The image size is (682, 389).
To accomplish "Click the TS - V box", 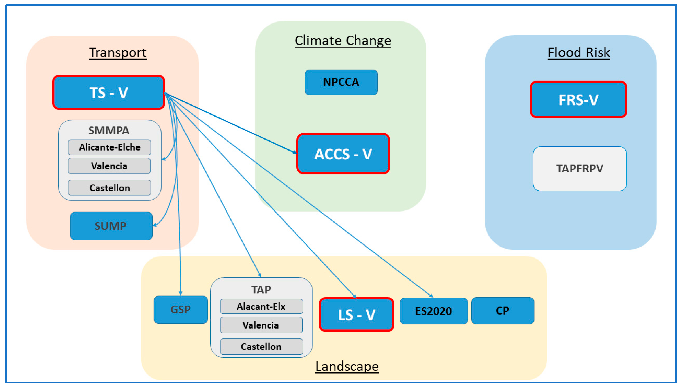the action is tap(109, 92).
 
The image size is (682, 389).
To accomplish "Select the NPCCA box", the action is tap(341, 82).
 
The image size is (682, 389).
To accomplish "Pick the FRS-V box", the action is tap(578, 99).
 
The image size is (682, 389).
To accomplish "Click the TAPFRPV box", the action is tap(580, 169).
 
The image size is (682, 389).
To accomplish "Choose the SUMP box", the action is tap(111, 226).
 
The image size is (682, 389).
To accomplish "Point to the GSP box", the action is tap(181, 310).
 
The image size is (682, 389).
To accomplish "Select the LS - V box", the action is tap(356, 315).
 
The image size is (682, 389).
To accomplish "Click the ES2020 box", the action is tap(433, 311).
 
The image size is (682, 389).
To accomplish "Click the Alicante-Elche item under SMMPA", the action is tap(110, 147).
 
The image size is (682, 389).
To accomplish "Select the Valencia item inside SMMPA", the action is tap(109, 166).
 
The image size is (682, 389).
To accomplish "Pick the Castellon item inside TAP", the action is tap(261, 346).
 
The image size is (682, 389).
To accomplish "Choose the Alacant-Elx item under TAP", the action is tap(261, 306).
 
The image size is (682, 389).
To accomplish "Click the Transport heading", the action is tap(118, 52).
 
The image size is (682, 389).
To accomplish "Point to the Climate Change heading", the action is tap(343, 41).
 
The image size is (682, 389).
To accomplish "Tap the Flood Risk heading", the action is tap(579, 52).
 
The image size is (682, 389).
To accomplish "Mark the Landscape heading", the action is tap(347, 366).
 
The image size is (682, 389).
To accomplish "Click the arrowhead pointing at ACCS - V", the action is tap(295, 153).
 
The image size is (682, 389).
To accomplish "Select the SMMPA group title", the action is tap(109, 130).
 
